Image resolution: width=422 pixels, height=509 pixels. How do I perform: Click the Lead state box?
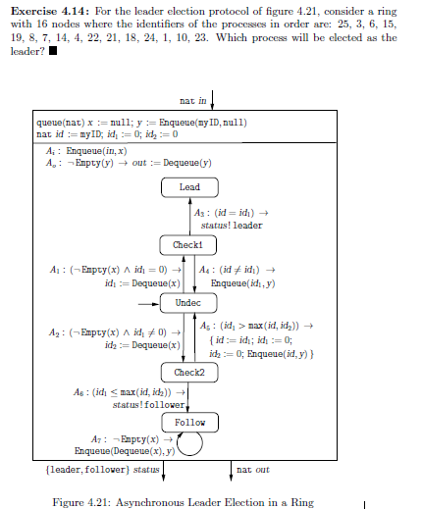(x=189, y=187)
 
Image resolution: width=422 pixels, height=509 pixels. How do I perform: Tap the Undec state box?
(x=187, y=303)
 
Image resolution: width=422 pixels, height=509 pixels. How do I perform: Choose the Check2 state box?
(x=187, y=373)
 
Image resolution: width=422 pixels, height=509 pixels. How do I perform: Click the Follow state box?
(x=189, y=423)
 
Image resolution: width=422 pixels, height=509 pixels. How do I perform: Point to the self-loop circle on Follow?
(x=189, y=445)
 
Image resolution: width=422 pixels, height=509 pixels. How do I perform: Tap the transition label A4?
(x=205, y=270)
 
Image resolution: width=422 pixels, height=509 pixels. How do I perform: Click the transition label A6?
(x=81, y=391)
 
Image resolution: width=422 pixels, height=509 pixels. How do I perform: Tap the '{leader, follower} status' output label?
(x=103, y=470)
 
